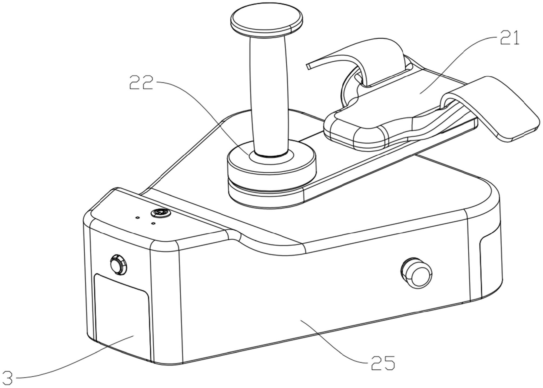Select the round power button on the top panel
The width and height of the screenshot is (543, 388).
click(x=161, y=213)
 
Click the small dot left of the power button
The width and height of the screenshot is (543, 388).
click(x=137, y=217)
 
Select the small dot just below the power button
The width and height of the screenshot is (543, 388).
click(x=153, y=223)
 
